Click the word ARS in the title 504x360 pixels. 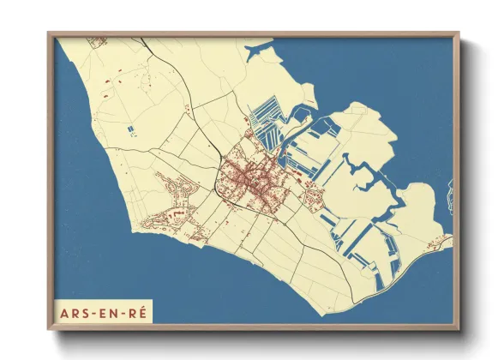point(75,311)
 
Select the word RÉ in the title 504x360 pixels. point(137,311)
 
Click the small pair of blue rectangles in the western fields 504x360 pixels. point(131,129)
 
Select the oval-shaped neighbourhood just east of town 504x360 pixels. point(312,200)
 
